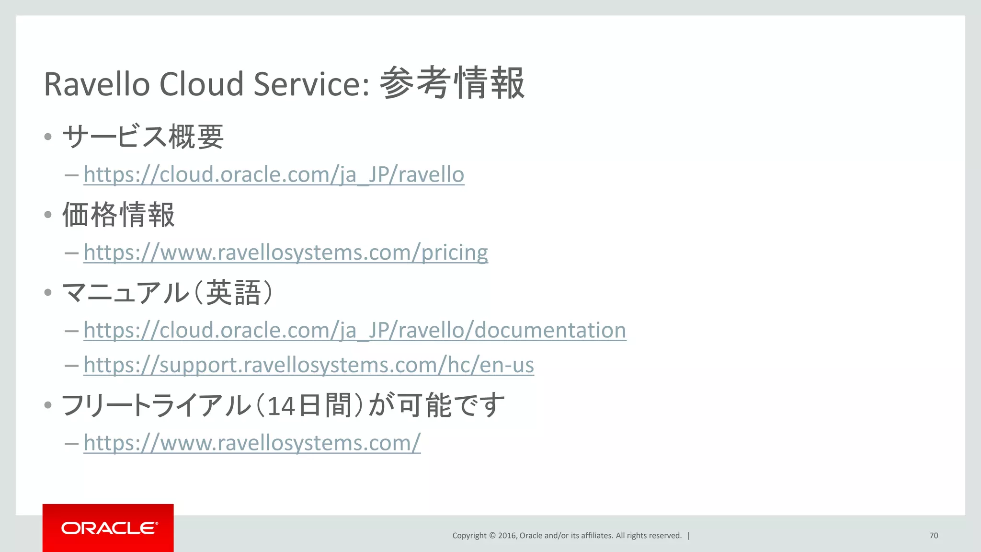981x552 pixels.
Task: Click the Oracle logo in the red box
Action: pyautogui.click(x=109, y=528)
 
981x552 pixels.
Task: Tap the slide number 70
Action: pyautogui.click(x=934, y=536)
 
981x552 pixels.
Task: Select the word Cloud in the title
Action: pyautogui.click(x=201, y=84)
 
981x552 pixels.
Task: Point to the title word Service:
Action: pyautogui.click(x=311, y=84)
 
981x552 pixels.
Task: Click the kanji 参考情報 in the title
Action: pyautogui.click(x=452, y=83)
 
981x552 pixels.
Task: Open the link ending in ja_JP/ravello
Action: pyautogui.click(x=274, y=174)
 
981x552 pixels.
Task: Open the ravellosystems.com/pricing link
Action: pyautogui.click(x=285, y=253)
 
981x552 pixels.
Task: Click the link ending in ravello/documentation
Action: pyautogui.click(x=354, y=330)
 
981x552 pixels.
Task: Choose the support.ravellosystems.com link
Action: pyautogui.click(x=308, y=365)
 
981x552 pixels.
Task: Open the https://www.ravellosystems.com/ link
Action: pyautogui.click(x=252, y=443)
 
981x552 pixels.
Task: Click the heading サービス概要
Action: pyautogui.click(x=143, y=137)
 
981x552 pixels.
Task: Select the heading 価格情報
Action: pyautogui.click(x=118, y=215)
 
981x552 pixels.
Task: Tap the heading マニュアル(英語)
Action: pyautogui.click(x=168, y=293)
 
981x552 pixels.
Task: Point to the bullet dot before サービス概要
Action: pyautogui.click(x=47, y=137)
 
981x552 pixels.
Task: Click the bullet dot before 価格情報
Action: pyautogui.click(x=47, y=215)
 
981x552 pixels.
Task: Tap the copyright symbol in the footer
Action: pyautogui.click(x=492, y=536)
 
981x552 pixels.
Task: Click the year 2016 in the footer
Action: pyautogui.click(x=506, y=536)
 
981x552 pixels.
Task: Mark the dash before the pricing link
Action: pyautogui.click(x=71, y=253)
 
